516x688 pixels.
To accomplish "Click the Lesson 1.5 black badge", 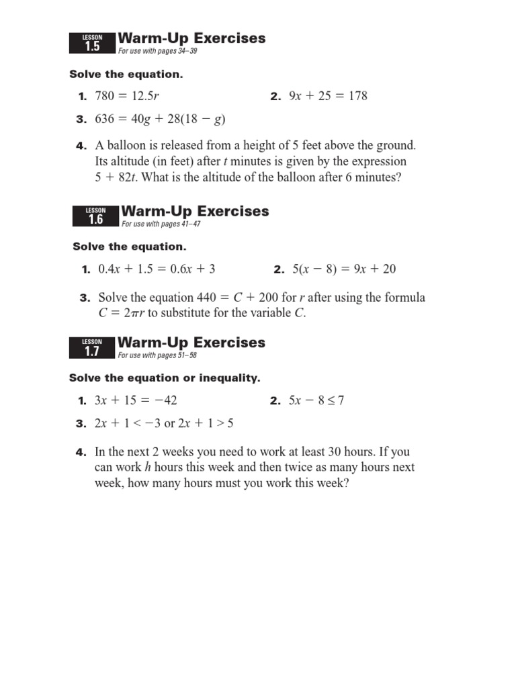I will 92,43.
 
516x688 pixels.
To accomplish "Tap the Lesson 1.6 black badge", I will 95,216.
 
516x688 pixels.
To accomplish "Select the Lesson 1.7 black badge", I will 92,347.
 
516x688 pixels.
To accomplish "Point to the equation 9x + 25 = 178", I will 328,96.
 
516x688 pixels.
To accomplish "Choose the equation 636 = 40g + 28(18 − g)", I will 160,120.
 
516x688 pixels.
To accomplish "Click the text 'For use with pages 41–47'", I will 161,224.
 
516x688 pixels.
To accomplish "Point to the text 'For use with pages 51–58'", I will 157,355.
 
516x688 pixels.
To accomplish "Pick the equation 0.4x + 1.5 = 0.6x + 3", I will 157,269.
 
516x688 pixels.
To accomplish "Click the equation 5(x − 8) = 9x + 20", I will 344,269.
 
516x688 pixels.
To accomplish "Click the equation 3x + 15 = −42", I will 136,400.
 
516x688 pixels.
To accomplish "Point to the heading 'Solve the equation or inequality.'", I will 165,378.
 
